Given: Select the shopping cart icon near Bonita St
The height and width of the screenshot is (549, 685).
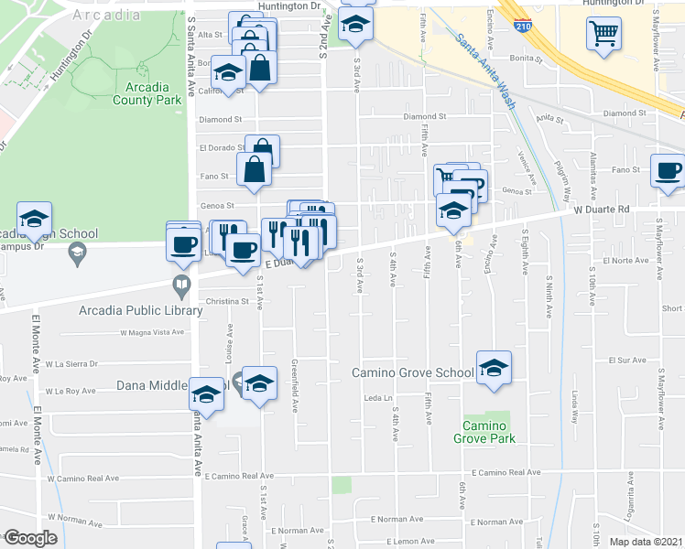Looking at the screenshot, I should pos(603,35).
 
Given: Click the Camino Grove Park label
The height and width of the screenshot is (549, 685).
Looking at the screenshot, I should pos(484,432).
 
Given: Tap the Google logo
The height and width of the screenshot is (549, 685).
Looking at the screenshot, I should pos(30,538).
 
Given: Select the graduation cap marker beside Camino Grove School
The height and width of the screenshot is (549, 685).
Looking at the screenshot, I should pos(494,368).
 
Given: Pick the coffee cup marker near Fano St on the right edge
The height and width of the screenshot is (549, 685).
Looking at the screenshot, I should pos(668,170).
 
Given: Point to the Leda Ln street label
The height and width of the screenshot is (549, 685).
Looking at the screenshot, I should pos(377,398).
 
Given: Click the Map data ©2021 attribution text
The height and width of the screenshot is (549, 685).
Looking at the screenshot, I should pos(647,542).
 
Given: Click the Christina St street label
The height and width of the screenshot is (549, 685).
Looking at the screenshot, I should pos(228,300).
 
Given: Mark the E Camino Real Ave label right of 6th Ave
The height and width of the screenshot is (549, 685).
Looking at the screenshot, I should pos(502,472).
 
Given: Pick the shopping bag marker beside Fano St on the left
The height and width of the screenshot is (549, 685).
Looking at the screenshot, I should pos(254,169).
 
